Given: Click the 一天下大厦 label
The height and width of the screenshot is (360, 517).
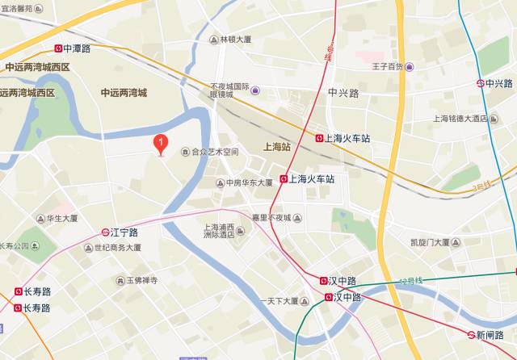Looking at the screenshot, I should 278,301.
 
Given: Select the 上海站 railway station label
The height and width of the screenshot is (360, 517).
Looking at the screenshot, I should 276,148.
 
